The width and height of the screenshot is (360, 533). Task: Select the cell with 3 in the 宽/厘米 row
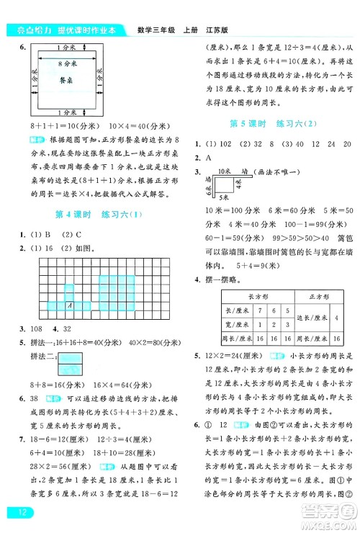click(x=288, y=324)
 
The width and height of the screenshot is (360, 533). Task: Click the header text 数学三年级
click(x=153, y=30)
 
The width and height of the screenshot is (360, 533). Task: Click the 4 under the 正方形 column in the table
click(x=338, y=317)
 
